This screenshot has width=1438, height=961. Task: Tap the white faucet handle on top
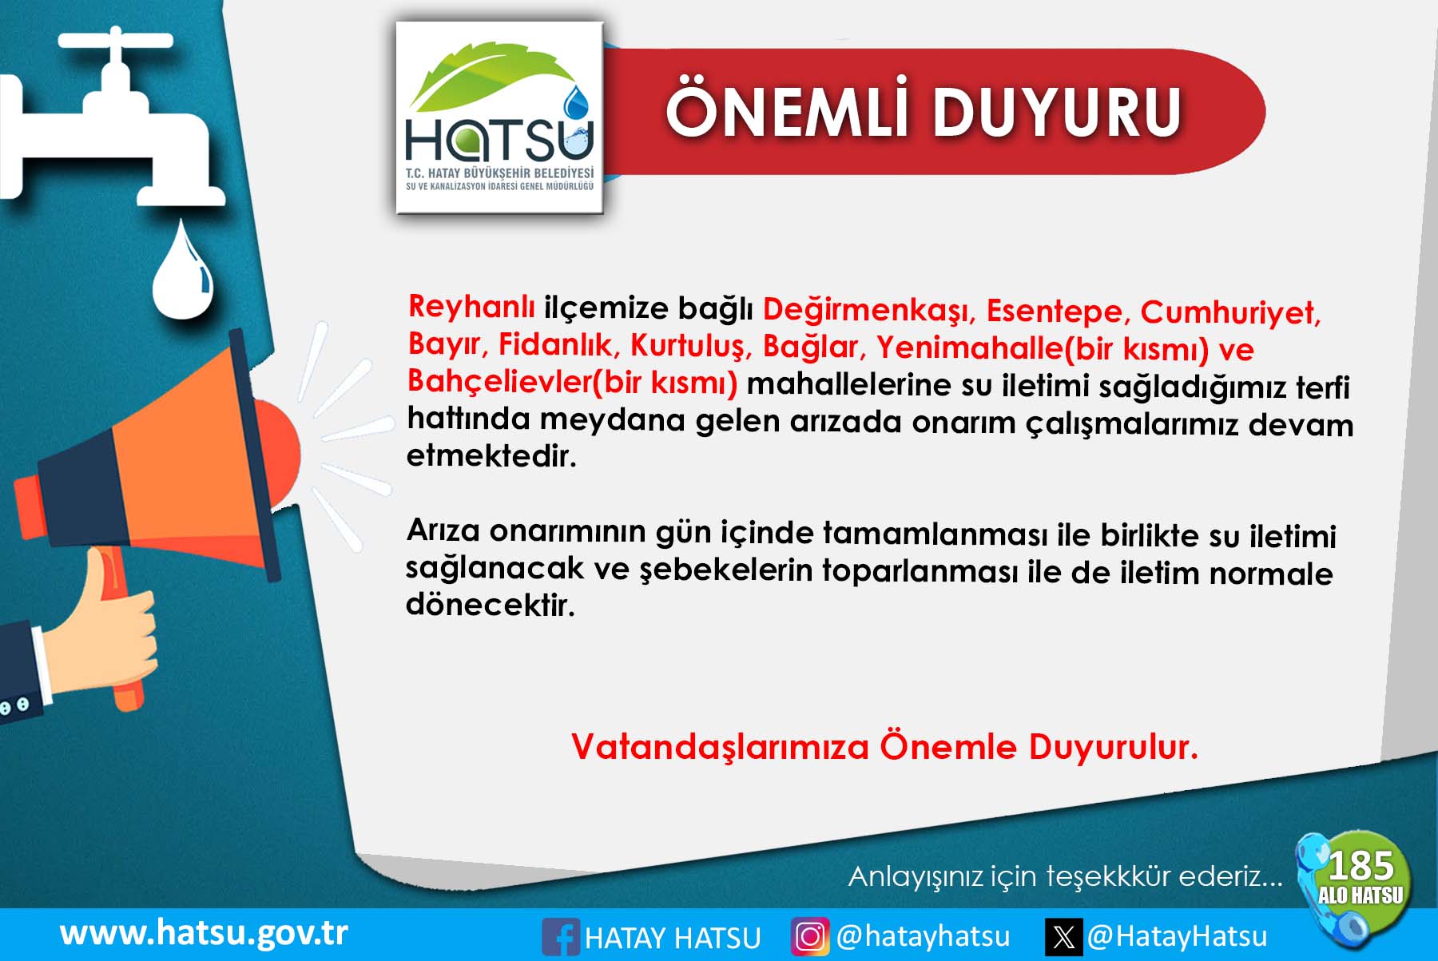click(116, 39)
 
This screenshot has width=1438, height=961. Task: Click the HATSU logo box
click(499, 117)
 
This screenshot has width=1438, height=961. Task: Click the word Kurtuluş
click(691, 346)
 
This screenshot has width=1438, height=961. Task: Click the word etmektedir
click(491, 455)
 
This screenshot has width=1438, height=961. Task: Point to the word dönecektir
click(491, 605)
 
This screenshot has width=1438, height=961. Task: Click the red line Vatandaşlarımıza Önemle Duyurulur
click(884, 747)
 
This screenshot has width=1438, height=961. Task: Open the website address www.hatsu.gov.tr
click(204, 933)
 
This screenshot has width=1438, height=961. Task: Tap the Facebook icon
click(560, 937)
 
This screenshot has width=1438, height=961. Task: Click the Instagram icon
click(810, 936)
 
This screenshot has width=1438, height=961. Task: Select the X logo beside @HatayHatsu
click(1064, 936)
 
